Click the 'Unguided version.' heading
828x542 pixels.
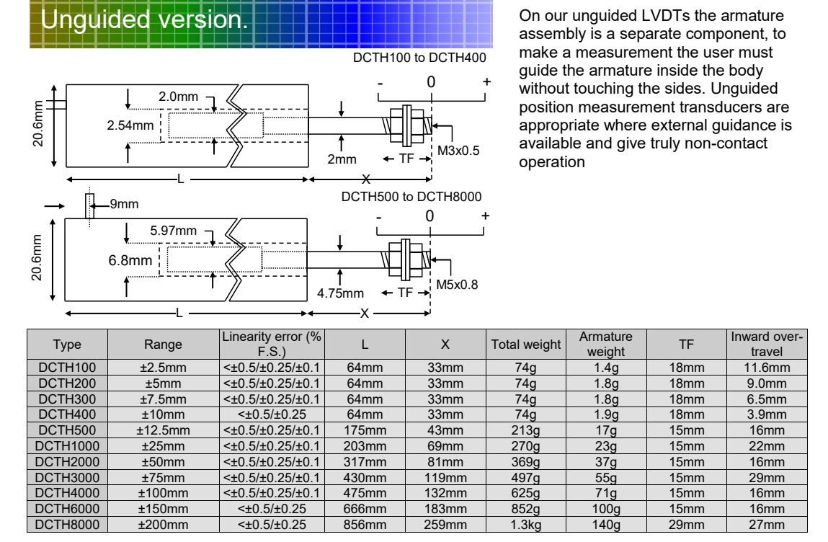coord(144,19)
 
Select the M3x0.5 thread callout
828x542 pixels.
coord(458,151)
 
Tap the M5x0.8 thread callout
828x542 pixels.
coord(457,285)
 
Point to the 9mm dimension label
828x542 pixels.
coord(124,204)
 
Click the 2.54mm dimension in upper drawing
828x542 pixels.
coord(130,125)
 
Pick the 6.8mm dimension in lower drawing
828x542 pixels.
coord(130,259)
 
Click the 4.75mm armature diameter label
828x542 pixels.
coord(340,293)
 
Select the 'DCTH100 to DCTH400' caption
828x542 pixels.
coord(419,58)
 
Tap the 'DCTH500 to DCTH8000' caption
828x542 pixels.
coord(411,196)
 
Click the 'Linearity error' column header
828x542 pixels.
coord(272,345)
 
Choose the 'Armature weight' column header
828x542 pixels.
coord(605,345)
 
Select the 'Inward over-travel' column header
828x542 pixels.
coord(766,345)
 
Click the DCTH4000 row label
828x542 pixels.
coord(67,493)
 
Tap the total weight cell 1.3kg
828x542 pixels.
coord(525,525)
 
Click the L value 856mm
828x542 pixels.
coord(365,525)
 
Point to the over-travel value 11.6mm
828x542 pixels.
coord(766,368)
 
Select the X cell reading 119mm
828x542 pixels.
coord(445,477)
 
